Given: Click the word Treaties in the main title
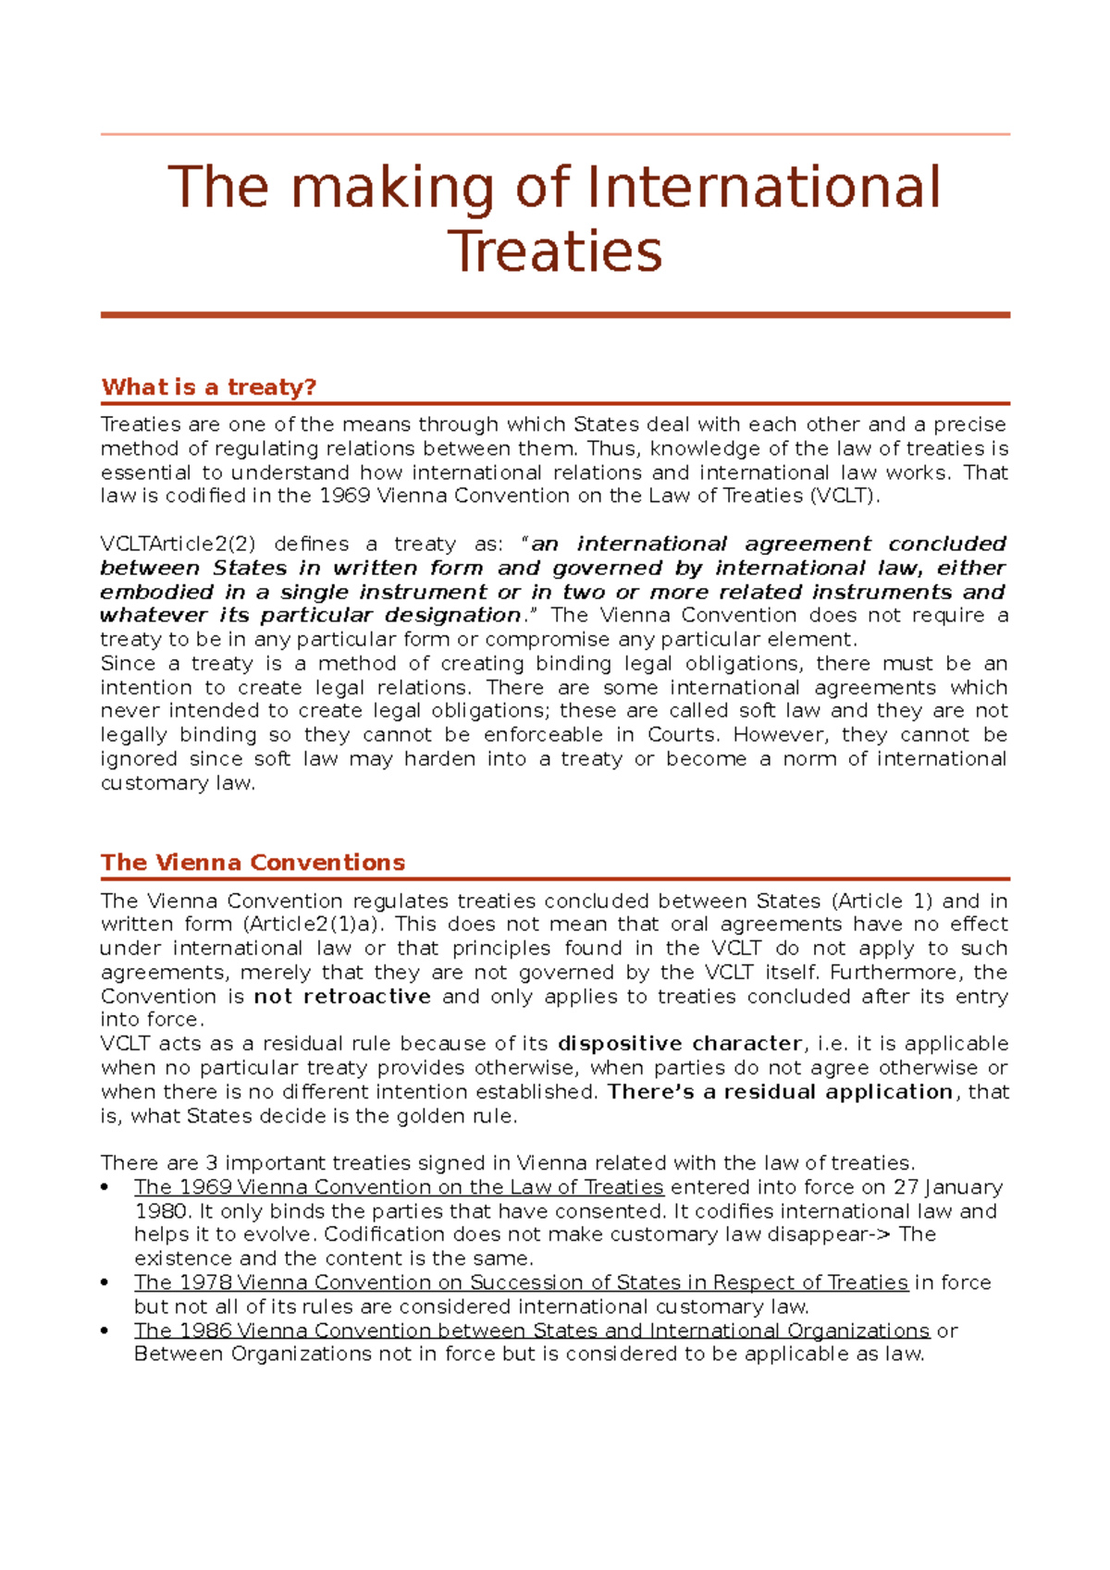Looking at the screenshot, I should (554, 251).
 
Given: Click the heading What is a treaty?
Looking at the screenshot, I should (209, 386).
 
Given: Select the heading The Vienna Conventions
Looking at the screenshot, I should (253, 863).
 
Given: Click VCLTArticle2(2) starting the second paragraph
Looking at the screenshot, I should (177, 544).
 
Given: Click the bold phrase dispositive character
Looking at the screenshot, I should (680, 1044).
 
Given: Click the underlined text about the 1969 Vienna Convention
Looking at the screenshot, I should (399, 1187).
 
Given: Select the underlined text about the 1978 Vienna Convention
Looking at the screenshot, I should (521, 1283).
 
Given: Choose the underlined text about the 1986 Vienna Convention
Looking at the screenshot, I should (531, 1331).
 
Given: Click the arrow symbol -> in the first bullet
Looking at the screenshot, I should (882, 1235).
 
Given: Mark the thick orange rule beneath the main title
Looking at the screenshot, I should (555, 315).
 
